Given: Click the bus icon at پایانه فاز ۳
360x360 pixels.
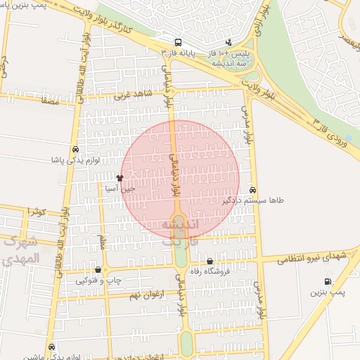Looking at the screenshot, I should pos(179,42).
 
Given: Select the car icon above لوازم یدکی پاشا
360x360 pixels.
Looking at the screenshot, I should pos(75,149).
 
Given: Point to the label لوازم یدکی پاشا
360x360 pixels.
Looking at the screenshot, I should pos(75,160).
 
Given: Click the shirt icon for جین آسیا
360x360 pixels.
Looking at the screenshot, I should pos(120,179).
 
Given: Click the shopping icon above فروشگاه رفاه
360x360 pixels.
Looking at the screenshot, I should pos(210,262).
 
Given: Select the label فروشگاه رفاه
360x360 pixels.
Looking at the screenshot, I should pos(210,272).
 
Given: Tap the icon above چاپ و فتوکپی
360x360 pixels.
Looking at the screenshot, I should pos(97,270).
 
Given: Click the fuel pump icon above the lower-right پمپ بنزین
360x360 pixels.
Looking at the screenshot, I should pos(328,281).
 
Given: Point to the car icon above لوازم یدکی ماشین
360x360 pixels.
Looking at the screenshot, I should pos(52,346).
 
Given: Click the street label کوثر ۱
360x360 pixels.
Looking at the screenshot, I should pos(37,211).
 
